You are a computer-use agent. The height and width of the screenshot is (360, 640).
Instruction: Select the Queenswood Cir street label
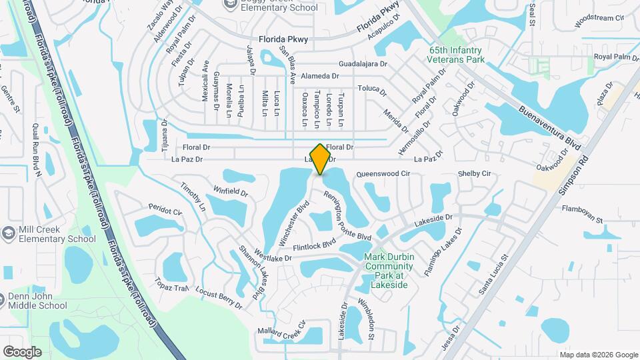tap(383, 173)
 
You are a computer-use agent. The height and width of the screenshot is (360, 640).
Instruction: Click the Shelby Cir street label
tap(474, 174)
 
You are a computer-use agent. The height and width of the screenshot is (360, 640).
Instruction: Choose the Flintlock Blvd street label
tap(313, 245)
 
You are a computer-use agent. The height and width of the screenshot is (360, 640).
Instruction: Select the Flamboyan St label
tap(582, 219)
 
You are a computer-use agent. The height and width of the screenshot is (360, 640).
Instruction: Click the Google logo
tap(22, 351)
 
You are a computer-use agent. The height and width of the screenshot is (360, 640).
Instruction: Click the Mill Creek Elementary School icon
tap(8, 234)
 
